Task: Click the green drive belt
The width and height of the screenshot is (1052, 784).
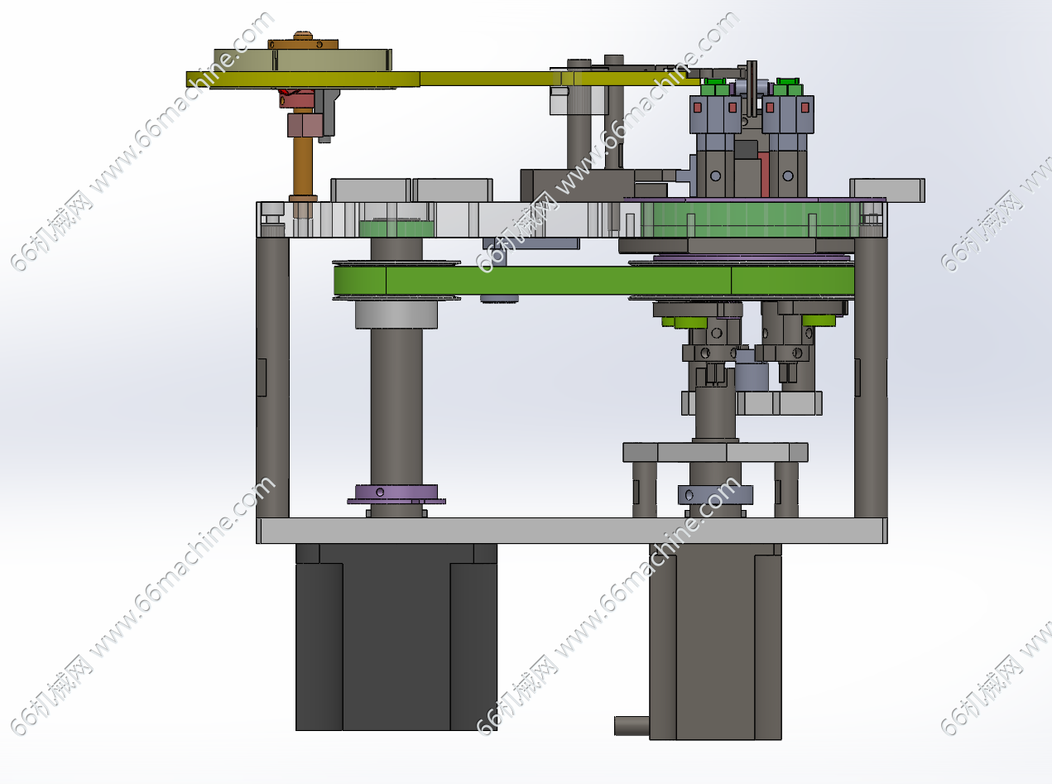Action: click(593, 281)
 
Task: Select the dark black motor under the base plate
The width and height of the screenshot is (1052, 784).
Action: click(396, 637)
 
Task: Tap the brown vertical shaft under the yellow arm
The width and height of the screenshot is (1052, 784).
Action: click(303, 166)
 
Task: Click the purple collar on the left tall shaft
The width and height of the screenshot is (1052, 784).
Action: click(396, 494)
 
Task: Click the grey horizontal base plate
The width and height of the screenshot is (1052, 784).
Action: click(572, 531)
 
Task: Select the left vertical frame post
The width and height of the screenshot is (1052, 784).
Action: click(272, 378)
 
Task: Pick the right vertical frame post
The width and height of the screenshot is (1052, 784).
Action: click(871, 378)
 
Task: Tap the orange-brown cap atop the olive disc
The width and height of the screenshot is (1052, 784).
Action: click(303, 43)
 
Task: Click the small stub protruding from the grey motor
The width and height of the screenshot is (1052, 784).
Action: click(632, 725)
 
